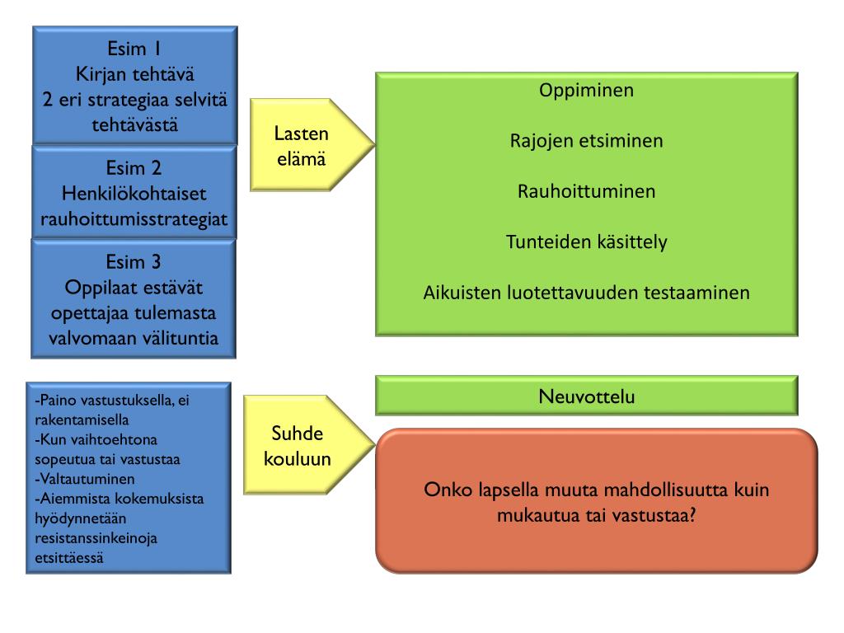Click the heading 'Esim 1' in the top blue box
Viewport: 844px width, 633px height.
point(134,46)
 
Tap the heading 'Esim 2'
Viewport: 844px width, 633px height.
point(134,168)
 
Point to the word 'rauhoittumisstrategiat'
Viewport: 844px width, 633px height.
point(134,220)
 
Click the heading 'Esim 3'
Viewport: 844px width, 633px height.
point(134,261)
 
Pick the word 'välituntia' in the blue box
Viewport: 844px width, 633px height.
point(180,339)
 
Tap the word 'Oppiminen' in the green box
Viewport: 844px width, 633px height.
point(586,90)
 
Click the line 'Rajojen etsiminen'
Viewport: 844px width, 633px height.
point(586,141)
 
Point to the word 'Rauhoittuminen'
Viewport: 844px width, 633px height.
point(586,191)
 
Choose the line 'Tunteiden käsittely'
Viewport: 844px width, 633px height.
point(586,242)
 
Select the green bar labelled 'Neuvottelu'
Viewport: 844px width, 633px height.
point(586,396)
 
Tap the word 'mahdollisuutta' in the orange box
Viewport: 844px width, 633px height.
point(649,490)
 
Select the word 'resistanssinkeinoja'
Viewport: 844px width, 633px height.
point(97,538)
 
